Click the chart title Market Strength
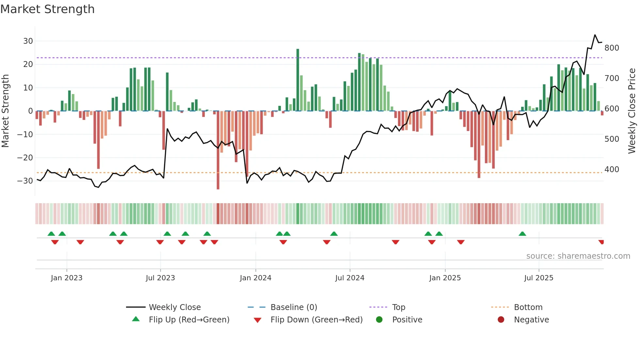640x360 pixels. [x=47, y=9]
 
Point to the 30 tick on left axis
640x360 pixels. [x=28, y=41]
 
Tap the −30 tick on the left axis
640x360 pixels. [x=25, y=181]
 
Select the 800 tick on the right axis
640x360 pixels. [x=612, y=48]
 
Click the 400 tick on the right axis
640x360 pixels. [x=612, y=170]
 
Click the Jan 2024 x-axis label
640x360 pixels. [x=255, y=278]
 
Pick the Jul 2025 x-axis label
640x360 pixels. [x=538, y=278]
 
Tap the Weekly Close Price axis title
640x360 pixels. [x=632, y=111]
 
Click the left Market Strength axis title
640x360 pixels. [x=5, y=111]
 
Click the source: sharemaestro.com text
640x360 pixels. [x=578, y=256]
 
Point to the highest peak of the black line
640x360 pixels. [x=595, y=35]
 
